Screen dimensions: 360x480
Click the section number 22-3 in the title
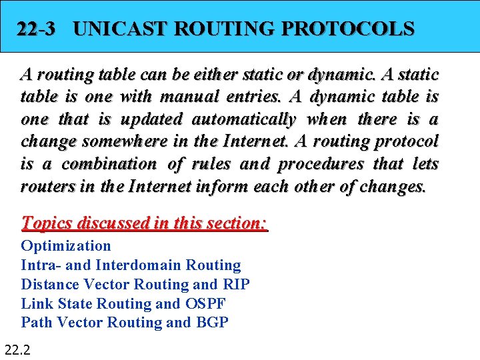point(36,29)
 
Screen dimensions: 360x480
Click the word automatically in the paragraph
point(244,119)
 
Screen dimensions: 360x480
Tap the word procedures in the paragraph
point(322,164)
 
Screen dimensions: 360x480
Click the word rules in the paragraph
point(210,164)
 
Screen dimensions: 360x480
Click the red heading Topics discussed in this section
point(144,222)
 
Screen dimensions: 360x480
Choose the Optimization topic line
point(66,246)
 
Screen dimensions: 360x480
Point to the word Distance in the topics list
point(49,285)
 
